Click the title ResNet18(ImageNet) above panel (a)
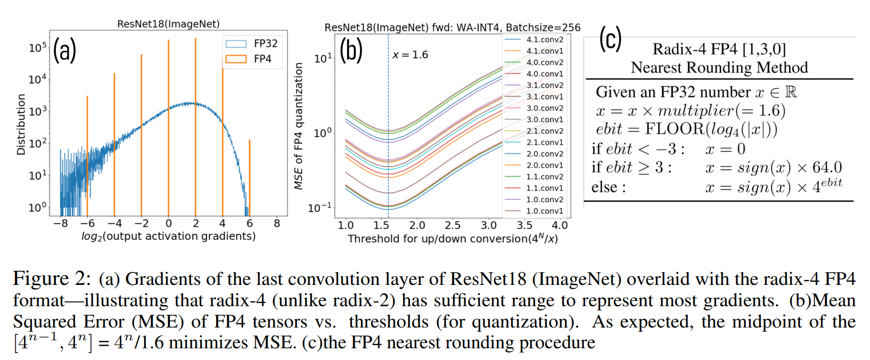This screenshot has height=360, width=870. click(x=168, y=24)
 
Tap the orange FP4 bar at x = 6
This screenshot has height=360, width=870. click(x=249, y=176)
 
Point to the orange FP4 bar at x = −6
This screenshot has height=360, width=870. click(x=87, y=154)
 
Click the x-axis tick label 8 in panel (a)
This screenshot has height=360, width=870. click(x=277, y=224)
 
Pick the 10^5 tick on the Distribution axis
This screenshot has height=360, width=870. click(x=38, y=48)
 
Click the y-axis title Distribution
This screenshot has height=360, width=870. click(x=21, y=125)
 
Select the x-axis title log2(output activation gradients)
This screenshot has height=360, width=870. click(x=168, y=236)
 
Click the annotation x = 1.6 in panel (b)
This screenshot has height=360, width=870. click(x=410, y=55)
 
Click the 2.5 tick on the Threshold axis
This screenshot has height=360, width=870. click(x=453, y=225)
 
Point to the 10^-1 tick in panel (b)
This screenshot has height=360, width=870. click(x=320, y=208)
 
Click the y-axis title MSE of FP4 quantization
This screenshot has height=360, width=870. click(x=299, y=126)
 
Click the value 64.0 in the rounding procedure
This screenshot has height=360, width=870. click(x=827, y=168)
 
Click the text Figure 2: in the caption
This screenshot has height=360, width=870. click(x=49, y=279)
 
